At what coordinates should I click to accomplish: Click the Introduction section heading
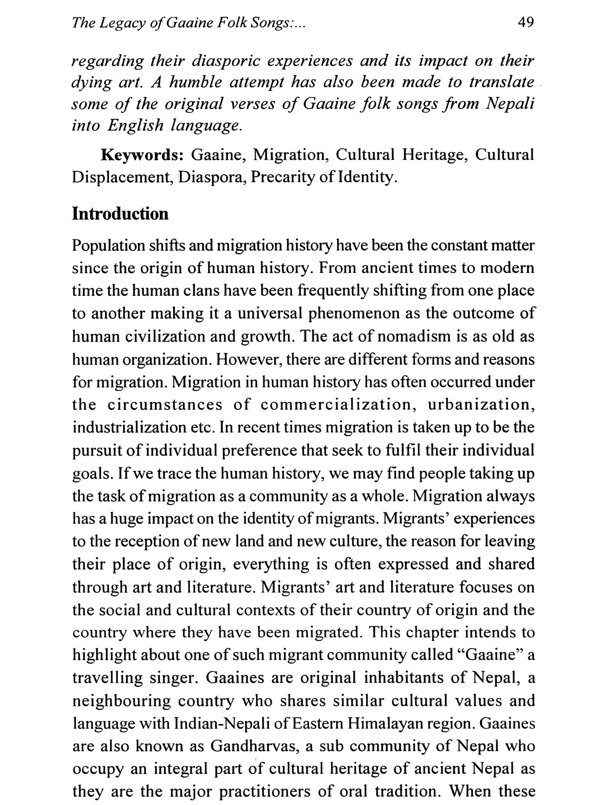point(120,214)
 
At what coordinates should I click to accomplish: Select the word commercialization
point(339,405)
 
